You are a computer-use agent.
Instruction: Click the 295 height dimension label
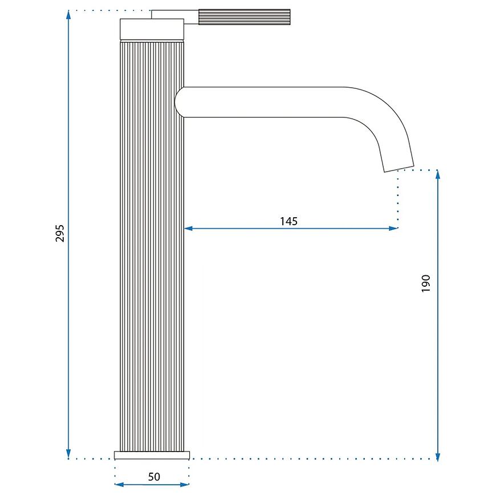(60, 233)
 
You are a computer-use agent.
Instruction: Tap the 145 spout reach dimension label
(289, 221)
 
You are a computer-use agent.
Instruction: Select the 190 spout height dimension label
(426, 283)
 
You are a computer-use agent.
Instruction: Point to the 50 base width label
(154, 477)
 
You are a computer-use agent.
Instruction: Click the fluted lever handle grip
(244, 17)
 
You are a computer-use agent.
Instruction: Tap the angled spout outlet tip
(399, 169)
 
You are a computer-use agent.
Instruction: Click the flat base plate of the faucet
(152, 455)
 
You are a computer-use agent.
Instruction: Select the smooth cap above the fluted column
(152, 29)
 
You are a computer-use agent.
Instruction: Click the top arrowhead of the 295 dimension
(68, 15)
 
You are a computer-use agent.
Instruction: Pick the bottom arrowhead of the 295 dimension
(68, 454)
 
